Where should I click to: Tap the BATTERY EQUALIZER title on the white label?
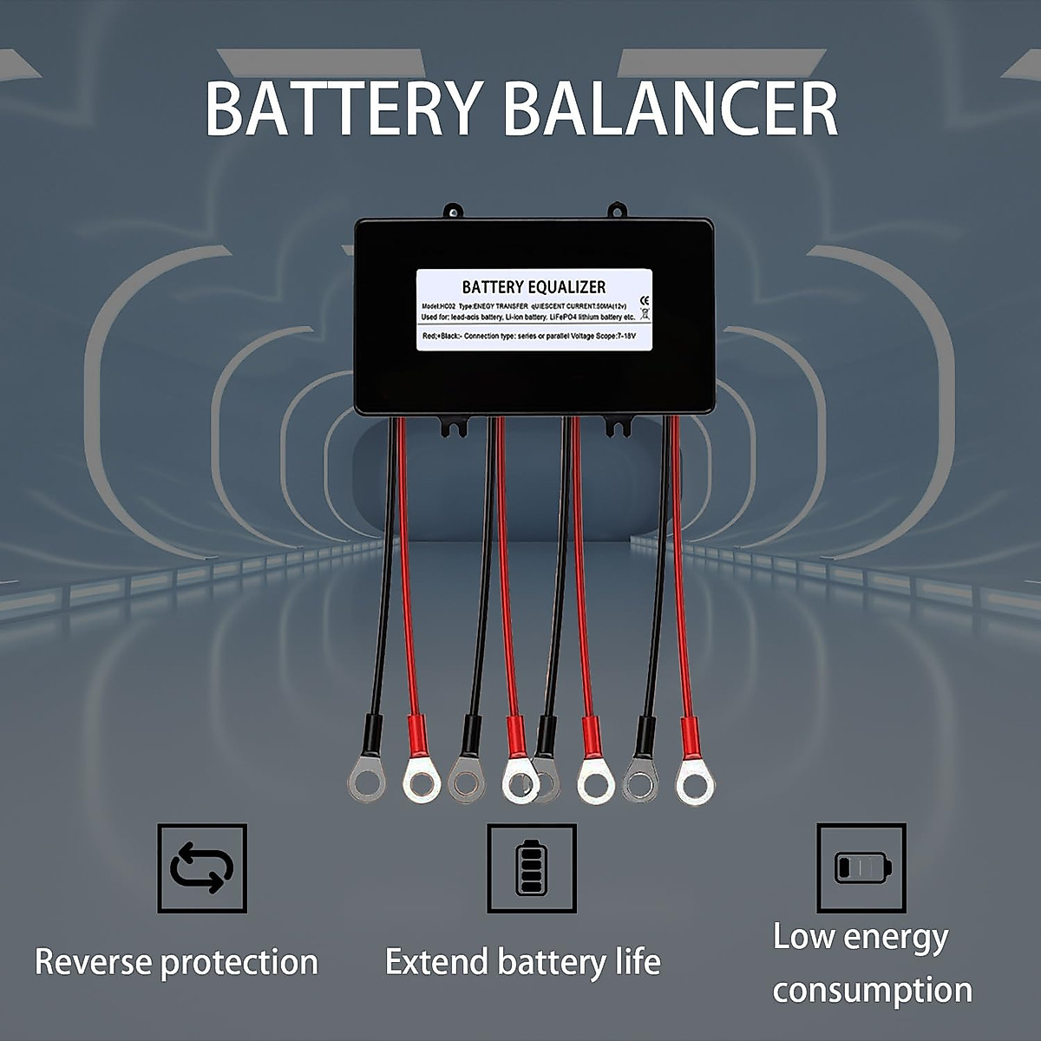point(534,287)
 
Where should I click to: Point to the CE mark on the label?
point(643,301)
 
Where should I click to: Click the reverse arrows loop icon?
point(202,868)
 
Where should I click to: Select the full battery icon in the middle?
point(531,868)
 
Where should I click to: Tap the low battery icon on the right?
point(861,867)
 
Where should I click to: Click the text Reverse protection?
point(176,962)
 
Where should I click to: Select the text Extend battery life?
point(522,962)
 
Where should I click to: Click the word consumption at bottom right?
point(872,990)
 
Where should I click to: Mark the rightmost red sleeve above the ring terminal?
point(689,736)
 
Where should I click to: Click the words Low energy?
point(861,937)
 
